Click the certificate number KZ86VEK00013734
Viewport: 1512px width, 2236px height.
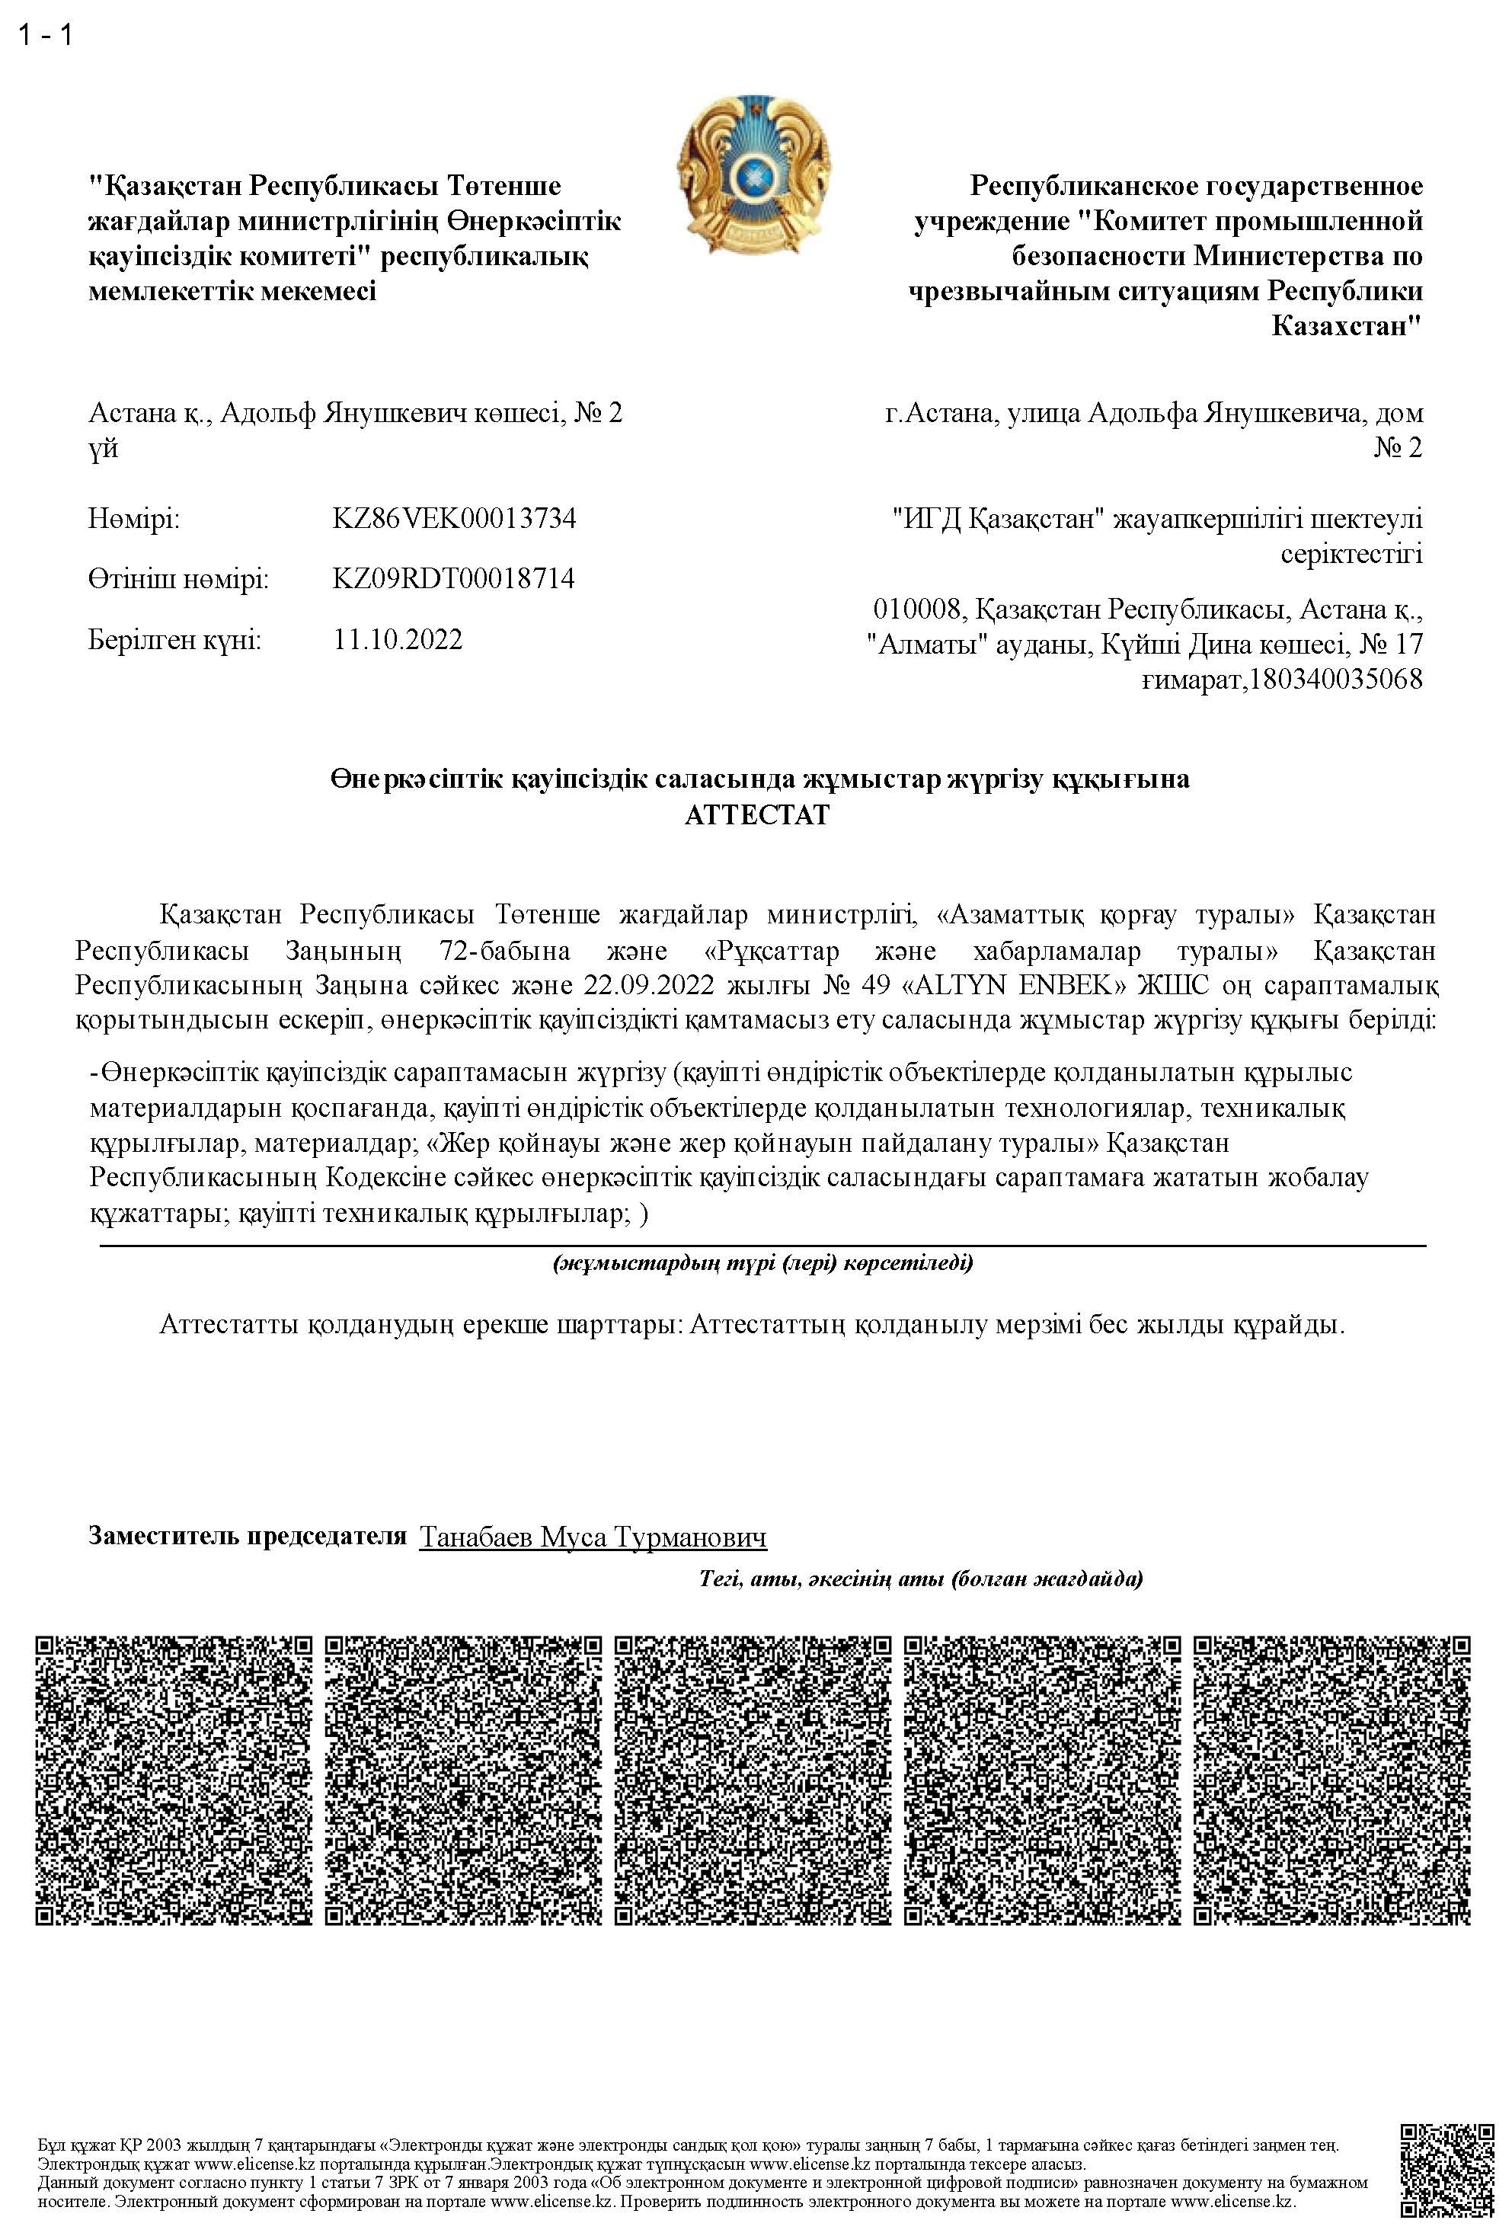coord(454,520)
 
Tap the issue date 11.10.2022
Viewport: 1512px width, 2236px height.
coord(398,640)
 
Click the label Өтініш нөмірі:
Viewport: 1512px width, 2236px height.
coord(178,581)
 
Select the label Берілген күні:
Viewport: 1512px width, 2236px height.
coord(174,640)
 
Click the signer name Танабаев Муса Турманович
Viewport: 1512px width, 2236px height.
coord(593,1537)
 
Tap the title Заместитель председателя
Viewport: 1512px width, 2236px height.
coord(248,1536)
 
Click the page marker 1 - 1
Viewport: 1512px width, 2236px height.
coord(45,36)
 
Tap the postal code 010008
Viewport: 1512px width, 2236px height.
coord(916,610)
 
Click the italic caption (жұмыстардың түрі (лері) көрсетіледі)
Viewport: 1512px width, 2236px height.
coord(762,1263)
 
